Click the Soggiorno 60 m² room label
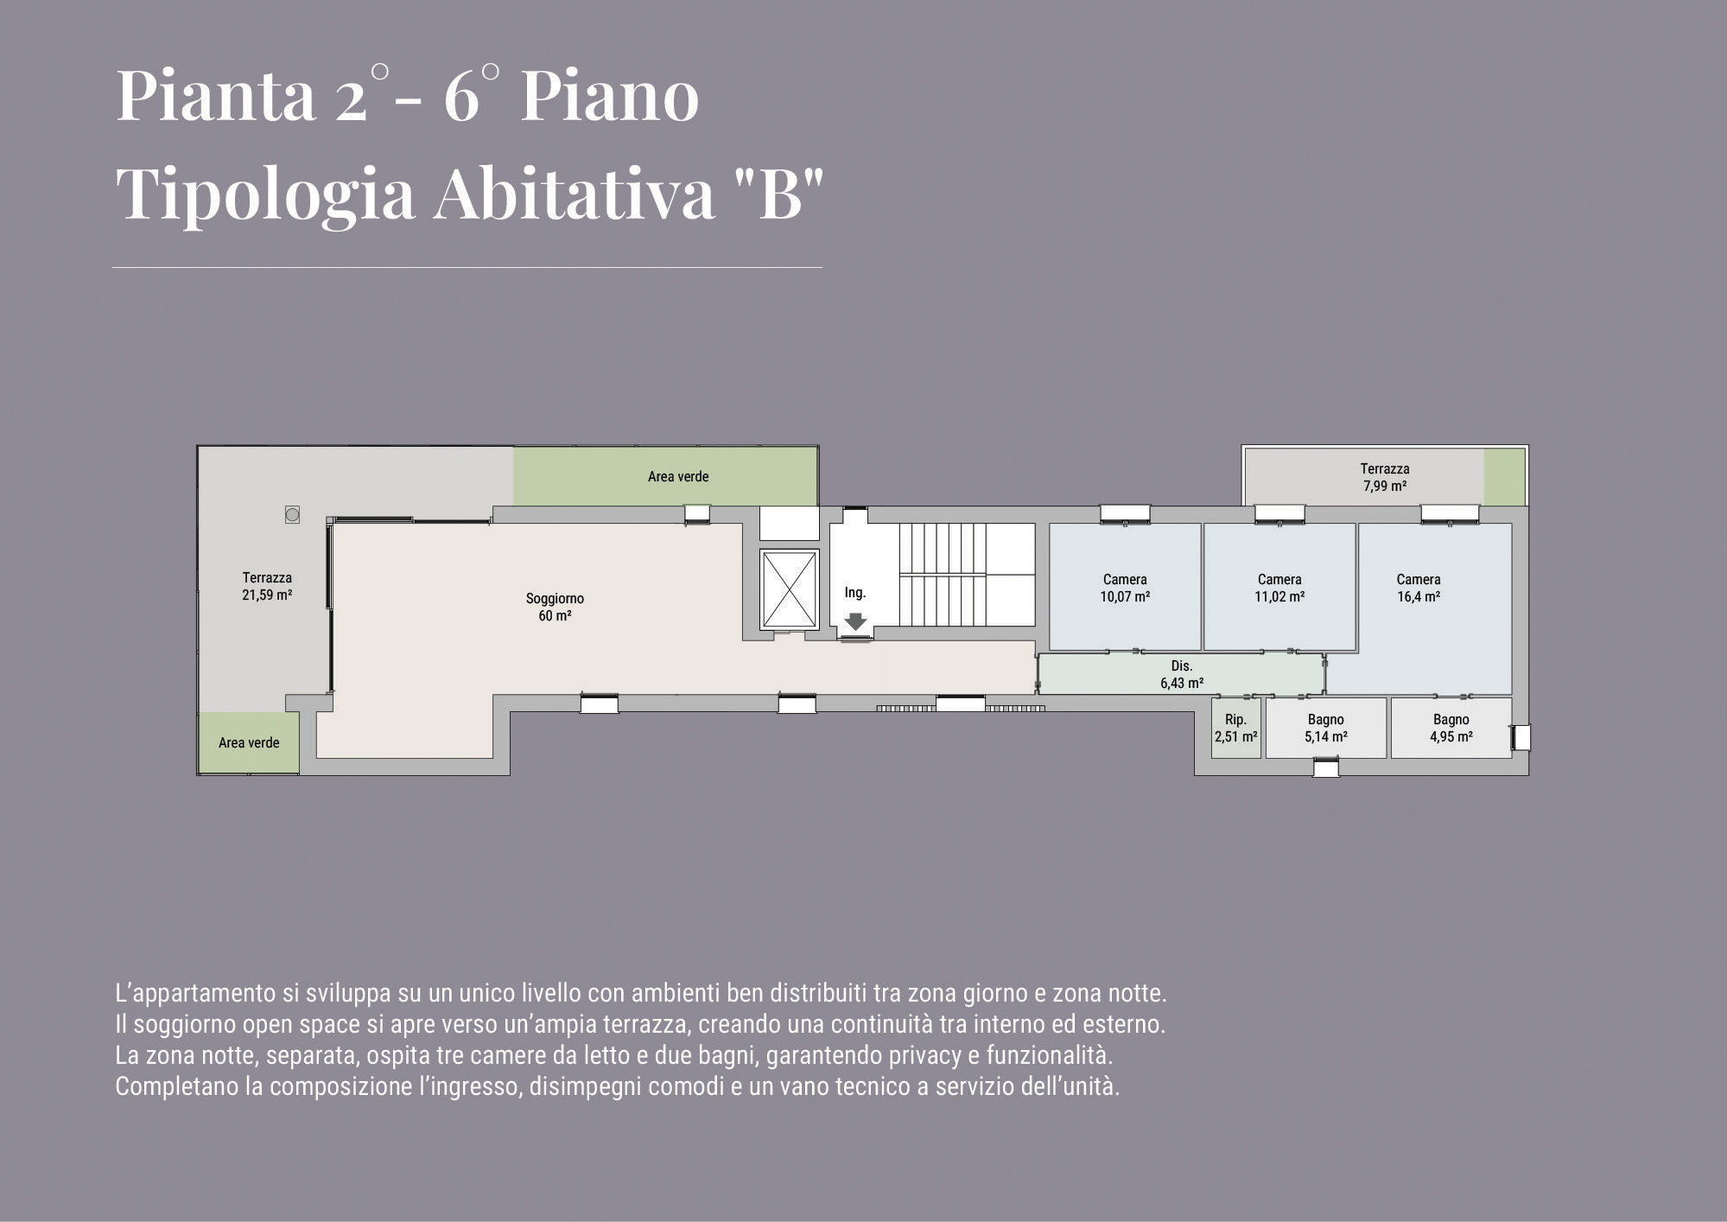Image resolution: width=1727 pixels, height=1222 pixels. [x=555, y=607]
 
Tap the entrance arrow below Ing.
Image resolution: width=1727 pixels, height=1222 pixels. [x=855, y=621]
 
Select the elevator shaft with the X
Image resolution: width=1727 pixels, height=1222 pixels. [x=789, y=589]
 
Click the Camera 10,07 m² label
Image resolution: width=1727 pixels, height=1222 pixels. [x=1125, y=588]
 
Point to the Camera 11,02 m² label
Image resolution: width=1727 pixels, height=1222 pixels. [x=1279, y=588]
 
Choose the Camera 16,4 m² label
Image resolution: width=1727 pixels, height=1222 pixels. [x=1419, y=588]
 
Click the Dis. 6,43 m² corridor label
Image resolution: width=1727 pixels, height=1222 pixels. [x=1182, y=674]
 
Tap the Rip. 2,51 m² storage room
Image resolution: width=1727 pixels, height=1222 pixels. [x=1235, y=729]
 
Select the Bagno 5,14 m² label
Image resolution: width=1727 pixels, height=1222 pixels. [x=1326, y=728]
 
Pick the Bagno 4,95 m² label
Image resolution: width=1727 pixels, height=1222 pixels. [x=1451, y=728]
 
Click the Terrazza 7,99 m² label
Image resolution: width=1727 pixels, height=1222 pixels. [x=1385, y=477]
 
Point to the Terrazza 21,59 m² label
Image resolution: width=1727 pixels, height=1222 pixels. [x=267, y=586]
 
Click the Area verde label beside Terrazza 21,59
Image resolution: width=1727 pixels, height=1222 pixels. [x=249, y=742]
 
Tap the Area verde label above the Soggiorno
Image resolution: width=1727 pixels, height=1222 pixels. [x=678, y=476]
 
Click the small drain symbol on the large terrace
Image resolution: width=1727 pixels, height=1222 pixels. [x=292, y=515]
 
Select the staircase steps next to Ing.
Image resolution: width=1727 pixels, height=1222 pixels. [x=943, y=574]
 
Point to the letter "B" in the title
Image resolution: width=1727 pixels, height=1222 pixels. [x=781, y=193]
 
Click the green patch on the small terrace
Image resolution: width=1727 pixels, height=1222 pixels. [x=1505, y=477]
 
